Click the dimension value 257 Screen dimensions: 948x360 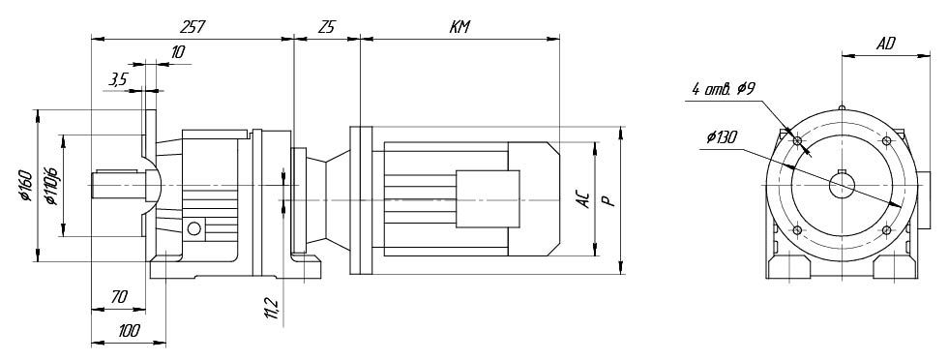(x=193, y=27)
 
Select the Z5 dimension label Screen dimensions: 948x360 (x=327, y=27)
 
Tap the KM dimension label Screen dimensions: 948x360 (x=459, y=27)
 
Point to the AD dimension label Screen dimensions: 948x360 (x=886, y=43)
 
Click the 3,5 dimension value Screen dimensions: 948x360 (x=118, y=78)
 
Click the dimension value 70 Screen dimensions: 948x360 (x=119, y=297)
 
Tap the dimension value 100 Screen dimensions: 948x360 (x=129, y=330)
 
